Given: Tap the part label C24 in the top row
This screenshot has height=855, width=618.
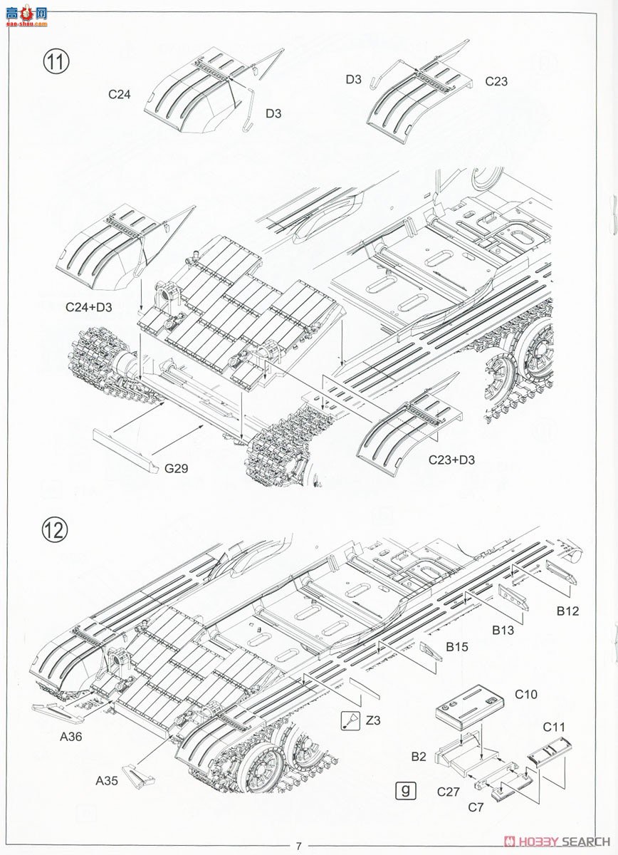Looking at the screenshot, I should click(x=120, y=93).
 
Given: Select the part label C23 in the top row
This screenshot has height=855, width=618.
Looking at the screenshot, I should click(x=496, y=81).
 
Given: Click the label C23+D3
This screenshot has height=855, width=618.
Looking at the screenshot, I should click(x=451, y=460).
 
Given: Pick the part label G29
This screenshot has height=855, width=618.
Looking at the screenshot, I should click(x=176, y=468).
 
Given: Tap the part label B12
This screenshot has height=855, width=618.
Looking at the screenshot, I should click(x=568, y=611).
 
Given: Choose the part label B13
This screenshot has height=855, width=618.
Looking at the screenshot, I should click(x=503, y=630).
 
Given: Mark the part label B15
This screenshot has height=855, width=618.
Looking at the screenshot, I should click(x=457, y=647).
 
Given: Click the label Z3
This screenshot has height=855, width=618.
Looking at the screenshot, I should click(x=373, y=720).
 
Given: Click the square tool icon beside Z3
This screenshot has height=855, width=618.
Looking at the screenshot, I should click(x=350, y=720).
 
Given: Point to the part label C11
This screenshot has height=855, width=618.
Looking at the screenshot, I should click(x=553, y=727).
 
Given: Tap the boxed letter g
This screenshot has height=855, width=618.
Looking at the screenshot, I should click(x=405, y=789).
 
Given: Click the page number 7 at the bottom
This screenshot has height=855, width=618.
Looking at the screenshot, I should click(x=299, y=846).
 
